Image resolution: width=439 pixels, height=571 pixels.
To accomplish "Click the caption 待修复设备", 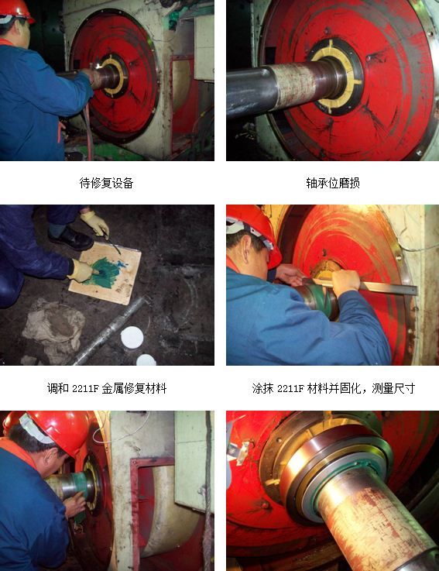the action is coord(106,183).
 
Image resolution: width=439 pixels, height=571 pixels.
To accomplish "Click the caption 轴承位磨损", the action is coord(333,183).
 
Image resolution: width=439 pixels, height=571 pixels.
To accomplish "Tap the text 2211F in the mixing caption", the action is coord(85,389).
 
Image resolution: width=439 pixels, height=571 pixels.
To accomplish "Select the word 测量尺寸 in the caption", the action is coord(393,389).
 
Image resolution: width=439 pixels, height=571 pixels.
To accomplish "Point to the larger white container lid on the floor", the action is coord(132,337).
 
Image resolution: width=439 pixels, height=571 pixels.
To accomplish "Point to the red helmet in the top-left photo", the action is coord(15,10).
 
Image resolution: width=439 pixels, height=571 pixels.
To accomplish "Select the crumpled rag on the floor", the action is coord(54,329).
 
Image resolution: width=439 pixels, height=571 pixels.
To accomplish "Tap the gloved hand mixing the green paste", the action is coord(82,271).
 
